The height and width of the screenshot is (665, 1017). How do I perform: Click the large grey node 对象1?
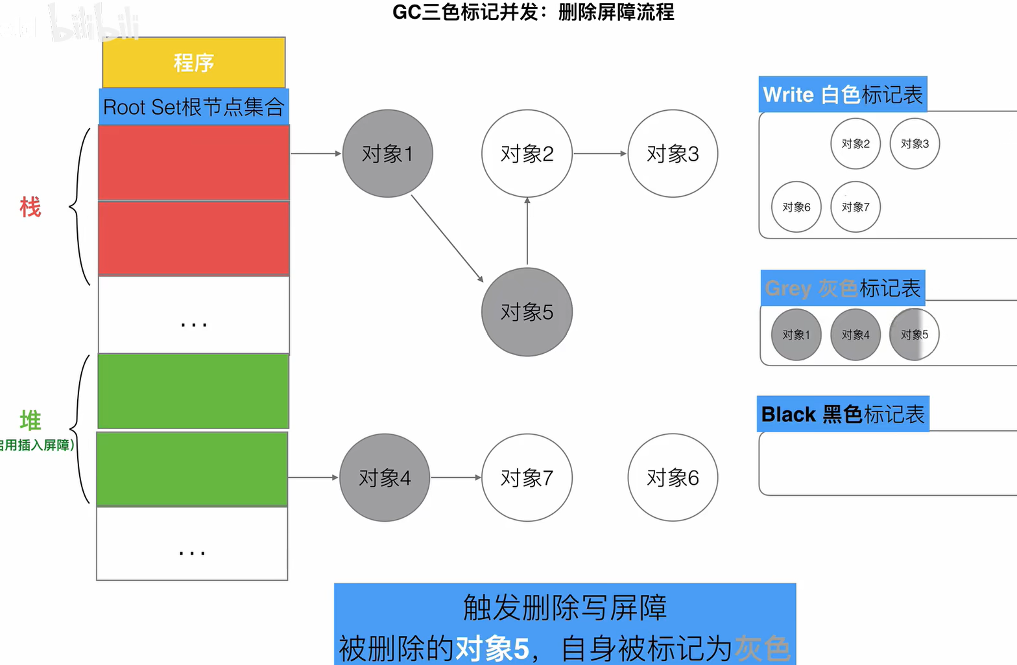[387, 154]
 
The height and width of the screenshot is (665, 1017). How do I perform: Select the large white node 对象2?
[527, 154]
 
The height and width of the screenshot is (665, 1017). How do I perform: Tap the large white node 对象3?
[673, 154]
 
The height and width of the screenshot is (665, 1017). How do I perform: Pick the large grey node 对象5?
[527, 312]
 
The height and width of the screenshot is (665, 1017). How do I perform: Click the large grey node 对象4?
[385, 478]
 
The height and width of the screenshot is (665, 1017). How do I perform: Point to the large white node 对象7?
[527, 478]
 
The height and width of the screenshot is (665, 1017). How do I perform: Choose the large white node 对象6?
[673, 478]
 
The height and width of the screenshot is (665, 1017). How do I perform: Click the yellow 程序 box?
[194, 63]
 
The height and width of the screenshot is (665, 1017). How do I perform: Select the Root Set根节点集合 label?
[194, 107]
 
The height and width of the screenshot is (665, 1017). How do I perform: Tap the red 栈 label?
[30, 207]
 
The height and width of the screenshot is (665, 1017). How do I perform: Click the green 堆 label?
[30, 420]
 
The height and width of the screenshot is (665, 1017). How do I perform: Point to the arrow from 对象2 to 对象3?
[600, 154]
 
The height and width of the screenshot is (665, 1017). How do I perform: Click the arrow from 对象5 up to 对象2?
[527, 231]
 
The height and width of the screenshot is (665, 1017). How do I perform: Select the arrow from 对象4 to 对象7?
[456, 478]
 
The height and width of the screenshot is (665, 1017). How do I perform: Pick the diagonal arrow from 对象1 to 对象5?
[448, 239]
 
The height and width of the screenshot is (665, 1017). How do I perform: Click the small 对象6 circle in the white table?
[796, 207]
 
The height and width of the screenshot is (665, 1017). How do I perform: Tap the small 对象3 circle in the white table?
[915, 144]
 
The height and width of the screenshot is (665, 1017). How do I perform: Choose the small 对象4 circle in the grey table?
[855, 334]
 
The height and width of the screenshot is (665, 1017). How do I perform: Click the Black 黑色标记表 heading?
[843, 414]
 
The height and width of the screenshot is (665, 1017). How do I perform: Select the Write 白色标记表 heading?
[843, 95]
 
